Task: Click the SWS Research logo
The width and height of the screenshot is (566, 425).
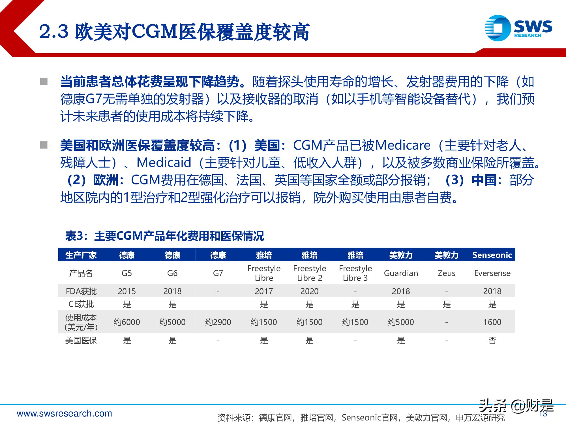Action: pos(518,28)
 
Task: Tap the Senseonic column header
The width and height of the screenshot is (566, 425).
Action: pos(492,255)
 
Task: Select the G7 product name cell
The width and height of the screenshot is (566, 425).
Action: pos(218,273)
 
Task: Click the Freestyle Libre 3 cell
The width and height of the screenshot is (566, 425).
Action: pos(355,273)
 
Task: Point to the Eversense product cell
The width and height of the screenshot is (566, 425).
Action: pos(492,273)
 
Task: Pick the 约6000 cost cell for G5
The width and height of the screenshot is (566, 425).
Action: pos(127,322)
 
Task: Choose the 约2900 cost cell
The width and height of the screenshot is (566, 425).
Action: pos(218,322)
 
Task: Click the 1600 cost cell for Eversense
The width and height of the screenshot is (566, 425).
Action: pos(492,322)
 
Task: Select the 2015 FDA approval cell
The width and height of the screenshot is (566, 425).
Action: pos(127,291)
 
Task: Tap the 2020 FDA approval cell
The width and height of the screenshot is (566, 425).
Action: pos(309,291)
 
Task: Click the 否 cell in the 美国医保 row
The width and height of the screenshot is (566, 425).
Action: pos(492,340)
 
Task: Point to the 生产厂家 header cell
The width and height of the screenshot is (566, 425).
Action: pos(81,255)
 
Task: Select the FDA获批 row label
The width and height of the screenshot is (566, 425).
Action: pos(81,291)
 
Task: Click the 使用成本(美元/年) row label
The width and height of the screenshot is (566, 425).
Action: pos(81,322)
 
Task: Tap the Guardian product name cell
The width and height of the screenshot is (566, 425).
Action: pos(401,273)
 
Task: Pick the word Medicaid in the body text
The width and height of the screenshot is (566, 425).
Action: pos(164,163)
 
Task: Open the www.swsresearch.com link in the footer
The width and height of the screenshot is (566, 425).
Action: pos(65,413)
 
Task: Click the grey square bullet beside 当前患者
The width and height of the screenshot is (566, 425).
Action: pos(44,82)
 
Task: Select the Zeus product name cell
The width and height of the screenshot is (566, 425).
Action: pos(446,273)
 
